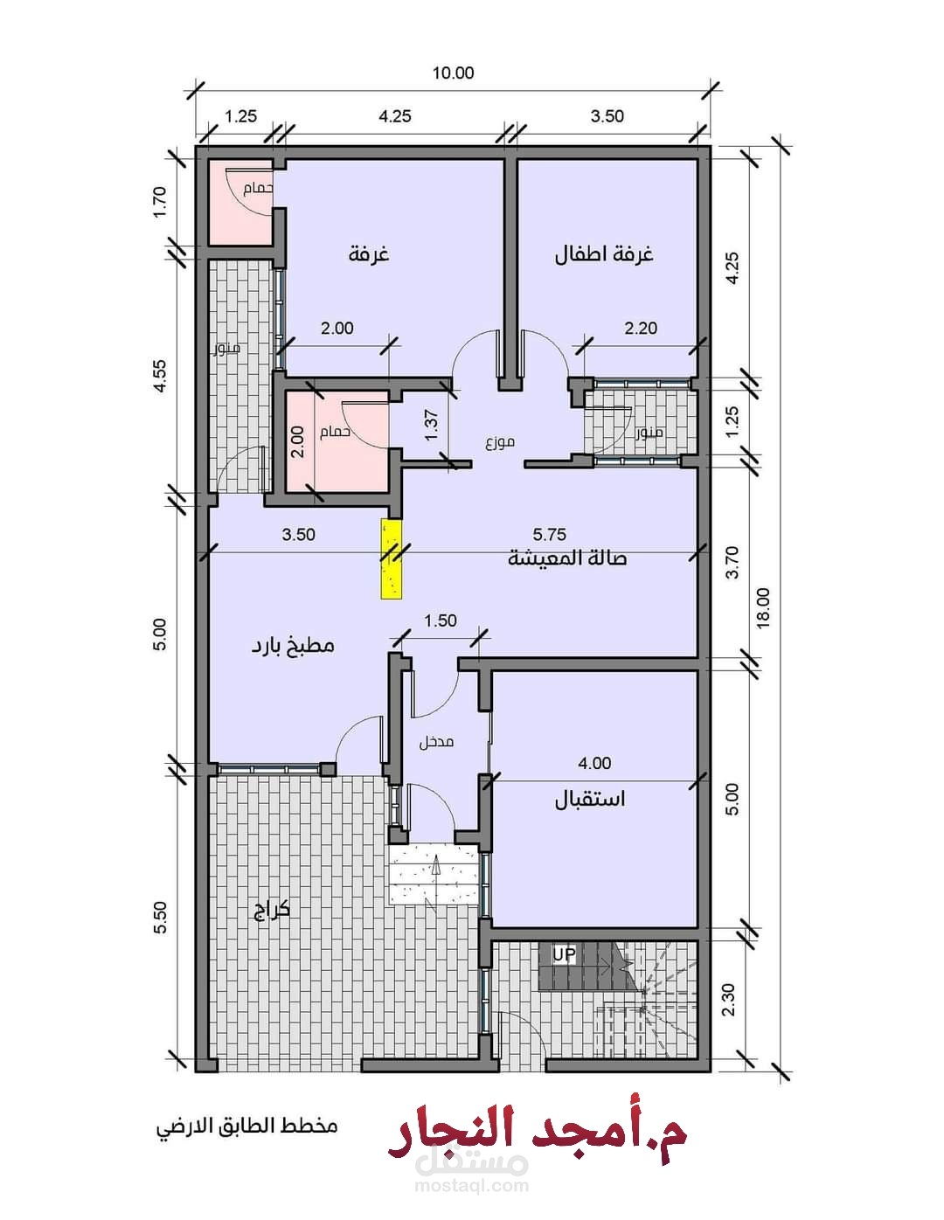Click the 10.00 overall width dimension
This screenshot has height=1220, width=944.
pos(453,73)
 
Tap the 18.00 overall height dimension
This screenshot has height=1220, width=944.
pos(763,607)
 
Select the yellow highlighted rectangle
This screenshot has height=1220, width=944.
pos(391,559)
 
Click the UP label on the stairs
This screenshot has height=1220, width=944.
pos(564,954)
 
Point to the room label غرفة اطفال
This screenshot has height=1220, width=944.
pos(604,254)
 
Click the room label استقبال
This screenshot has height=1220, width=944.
pos(590,799)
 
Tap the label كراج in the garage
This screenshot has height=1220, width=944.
pos(271,911)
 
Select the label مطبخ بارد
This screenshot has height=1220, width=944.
pos(293,646)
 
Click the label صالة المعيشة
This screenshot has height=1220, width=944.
pos(567,558)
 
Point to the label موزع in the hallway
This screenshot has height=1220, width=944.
pos(500,442)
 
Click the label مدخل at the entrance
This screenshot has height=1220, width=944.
pos(436,742)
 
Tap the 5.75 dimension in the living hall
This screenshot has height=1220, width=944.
pos(550,534)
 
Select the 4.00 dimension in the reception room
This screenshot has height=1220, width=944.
pos(594,763)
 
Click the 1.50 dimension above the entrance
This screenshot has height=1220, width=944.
pos(441,620)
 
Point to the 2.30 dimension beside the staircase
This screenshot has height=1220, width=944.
pos(730,1000)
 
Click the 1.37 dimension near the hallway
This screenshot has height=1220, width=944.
pos(431,426)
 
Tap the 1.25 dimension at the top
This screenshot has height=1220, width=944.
pos(240,116)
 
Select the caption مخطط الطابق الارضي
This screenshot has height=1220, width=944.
pos(246,1126)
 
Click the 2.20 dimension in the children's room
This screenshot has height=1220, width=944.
pos(641,328)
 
